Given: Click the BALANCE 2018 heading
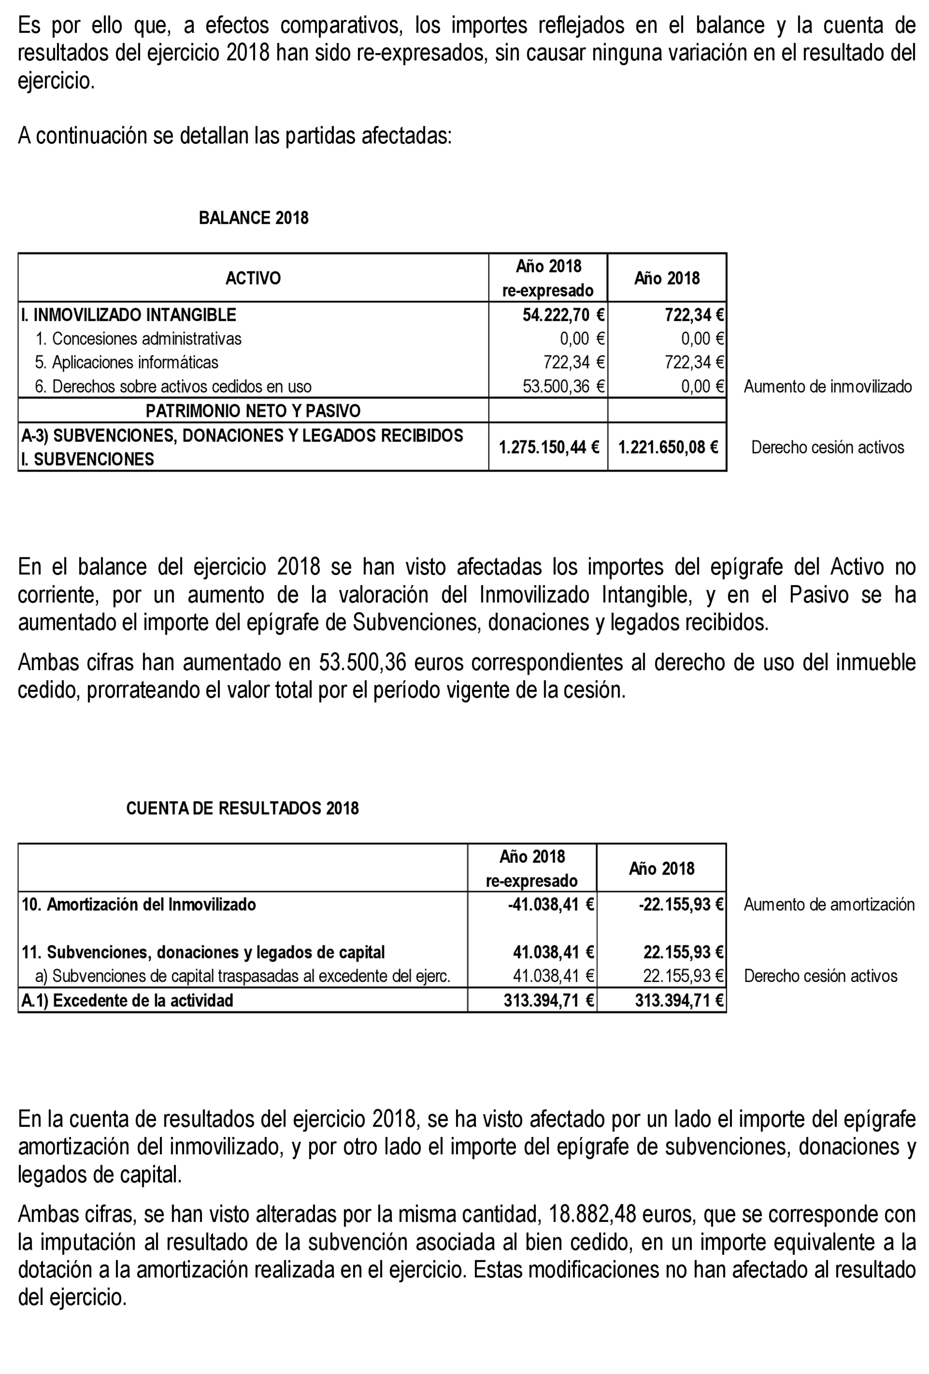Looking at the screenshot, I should tap(253, 218).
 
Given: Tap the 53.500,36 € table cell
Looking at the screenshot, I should tap(563, 387).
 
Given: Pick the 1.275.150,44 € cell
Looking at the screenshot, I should tap(549, 447).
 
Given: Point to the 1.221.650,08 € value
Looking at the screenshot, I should tap(668, 447).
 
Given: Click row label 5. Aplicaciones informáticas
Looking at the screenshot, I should tap(127, 362).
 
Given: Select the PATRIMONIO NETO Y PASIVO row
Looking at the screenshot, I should tap(253, 411).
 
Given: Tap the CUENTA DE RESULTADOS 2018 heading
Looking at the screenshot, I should tap(243, 808).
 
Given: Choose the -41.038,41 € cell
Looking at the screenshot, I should tap(550, 905).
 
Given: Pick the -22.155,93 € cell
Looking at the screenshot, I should tap(680, 905).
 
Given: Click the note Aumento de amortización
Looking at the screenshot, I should tap(828, 905).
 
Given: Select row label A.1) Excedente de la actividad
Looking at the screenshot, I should tap(127, 1000).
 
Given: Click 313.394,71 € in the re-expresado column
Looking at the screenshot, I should tap(548, 1000).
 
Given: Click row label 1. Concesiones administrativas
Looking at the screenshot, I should tap(138, 339).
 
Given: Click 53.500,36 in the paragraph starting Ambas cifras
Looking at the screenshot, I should tap(362, 662).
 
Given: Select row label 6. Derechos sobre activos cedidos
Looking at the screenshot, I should tap(173, 387).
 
